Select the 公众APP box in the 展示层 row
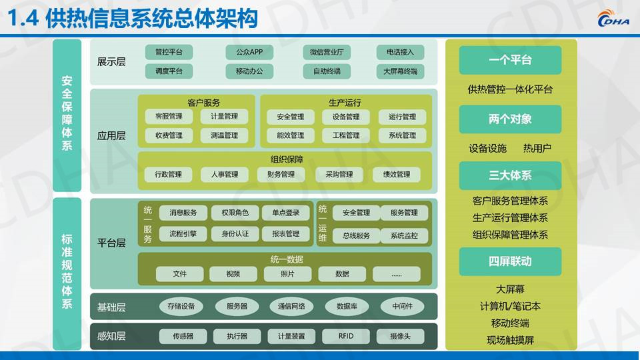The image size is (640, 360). tap(249, 52)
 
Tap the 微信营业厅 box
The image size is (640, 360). tap(327, 52)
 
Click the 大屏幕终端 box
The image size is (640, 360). tap(400, 71)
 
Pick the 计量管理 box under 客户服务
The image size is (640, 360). tap(224, 117)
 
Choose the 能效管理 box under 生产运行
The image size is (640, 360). tap(290, 135)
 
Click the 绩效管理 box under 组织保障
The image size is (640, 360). tap(396, 175)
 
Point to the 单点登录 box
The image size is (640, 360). tap(286, 213)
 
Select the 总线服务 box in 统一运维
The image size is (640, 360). tap(356, 235)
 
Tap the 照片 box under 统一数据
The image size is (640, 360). tap(287, 274)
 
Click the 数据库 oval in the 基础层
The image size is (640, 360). tap(347, 306)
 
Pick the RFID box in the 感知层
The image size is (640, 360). tap(346, 336)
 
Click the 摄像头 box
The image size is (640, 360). tap(400, 336)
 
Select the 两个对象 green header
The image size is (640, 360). tap(510, 119)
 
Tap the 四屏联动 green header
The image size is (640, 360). tap(510, 261)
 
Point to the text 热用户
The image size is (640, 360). tap(537, 148)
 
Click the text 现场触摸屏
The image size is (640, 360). tap(510, 340)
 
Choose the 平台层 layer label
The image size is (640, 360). tap(111, 243)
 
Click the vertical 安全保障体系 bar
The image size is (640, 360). tap(67, 115)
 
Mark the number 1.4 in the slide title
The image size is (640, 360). tap(23, 19)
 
